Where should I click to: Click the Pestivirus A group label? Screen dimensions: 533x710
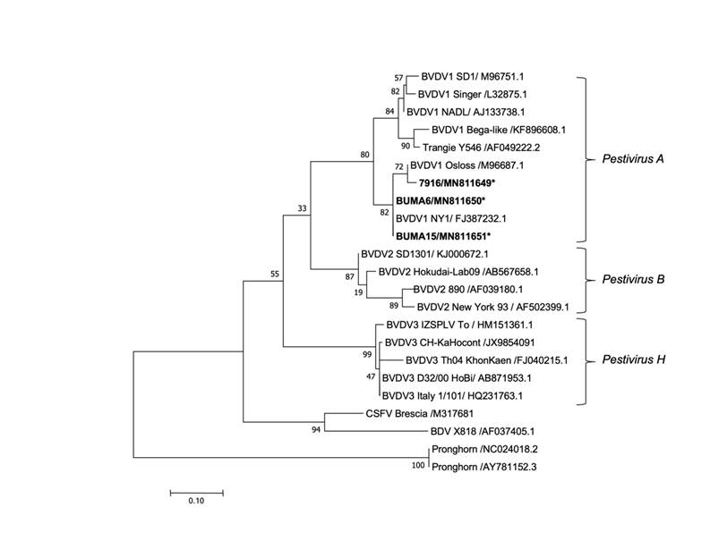(630, 159)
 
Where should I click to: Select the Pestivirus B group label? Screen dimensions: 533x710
(630, 279)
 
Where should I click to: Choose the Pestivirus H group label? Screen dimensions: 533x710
(630, 360)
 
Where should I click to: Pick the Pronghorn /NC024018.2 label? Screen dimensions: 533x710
(488, 449)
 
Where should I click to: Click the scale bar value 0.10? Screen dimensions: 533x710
(196, 502)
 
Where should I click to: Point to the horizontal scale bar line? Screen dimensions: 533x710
(196, 491)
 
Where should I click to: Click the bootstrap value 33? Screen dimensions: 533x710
(303, 208)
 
